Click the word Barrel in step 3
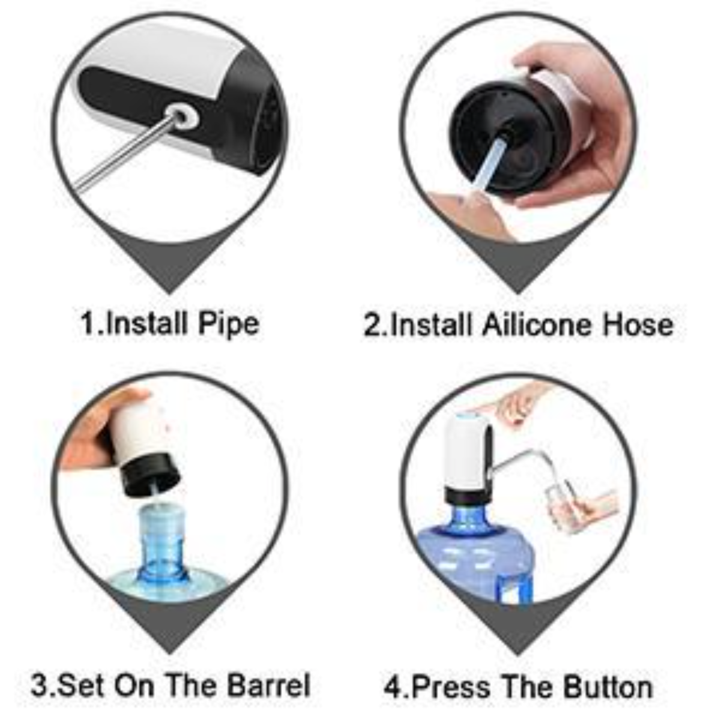click(x=269, y=685)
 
